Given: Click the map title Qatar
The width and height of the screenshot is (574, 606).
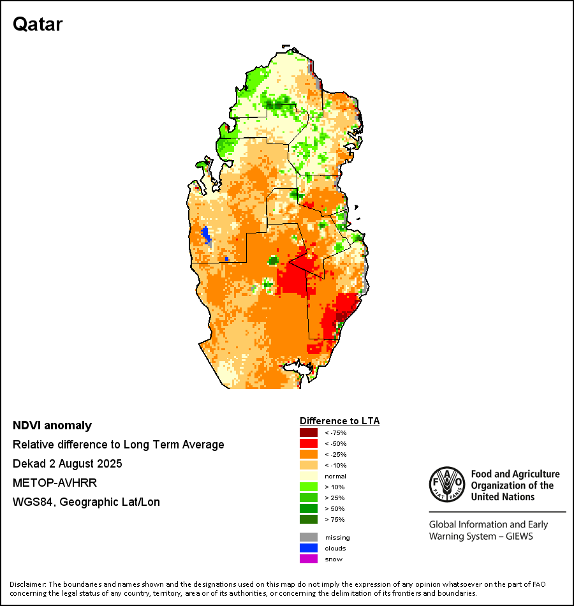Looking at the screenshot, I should click(x=38, y=24).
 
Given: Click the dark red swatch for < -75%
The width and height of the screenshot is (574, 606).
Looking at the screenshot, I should click(x=308, y=432).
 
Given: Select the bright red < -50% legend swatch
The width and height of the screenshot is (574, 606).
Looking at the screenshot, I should click(x=308, y=443).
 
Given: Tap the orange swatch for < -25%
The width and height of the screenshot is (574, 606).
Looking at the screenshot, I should click(x=308, y=454).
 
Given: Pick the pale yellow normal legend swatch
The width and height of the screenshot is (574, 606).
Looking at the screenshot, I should click(x=308, y=476).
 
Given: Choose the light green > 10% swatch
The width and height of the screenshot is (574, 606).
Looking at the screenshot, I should click(x=308, y=487).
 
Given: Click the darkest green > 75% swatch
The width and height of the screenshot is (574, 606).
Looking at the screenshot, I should click(x=308, y=519).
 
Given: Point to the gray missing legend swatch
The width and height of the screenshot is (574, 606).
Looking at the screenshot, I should click(x=308, y=537).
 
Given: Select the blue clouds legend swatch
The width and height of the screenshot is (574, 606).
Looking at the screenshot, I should click(x=308, y=548).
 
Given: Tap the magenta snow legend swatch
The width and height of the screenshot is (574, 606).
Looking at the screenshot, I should click(x=308, y=559).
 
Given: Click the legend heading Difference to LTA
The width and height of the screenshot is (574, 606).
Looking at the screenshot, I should click(x=339, y=421).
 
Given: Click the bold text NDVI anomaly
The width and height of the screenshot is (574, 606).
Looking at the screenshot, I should click(x=52, y=425).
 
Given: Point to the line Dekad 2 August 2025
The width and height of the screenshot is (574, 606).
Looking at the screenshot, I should click(x=68, y=464).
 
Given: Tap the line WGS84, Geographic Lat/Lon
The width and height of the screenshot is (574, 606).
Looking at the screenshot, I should click(x=86, y=502).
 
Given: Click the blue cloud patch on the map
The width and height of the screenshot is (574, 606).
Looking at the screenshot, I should click(x=206, y=234).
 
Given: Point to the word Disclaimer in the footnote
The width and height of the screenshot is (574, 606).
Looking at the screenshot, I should click(x=28, y=584).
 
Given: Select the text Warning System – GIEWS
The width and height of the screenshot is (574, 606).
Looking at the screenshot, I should click(x=481, y=536).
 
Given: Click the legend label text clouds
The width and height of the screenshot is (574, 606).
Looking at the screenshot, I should click(x=335, y=549).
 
